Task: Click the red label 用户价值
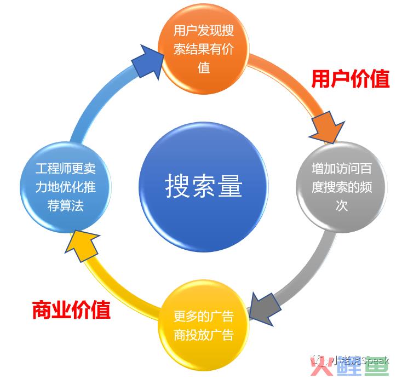[350, 79]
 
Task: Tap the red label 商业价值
[71, 310]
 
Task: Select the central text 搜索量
[203, 187]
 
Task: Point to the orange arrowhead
[328, 125]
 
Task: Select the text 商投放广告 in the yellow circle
[203, 335]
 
